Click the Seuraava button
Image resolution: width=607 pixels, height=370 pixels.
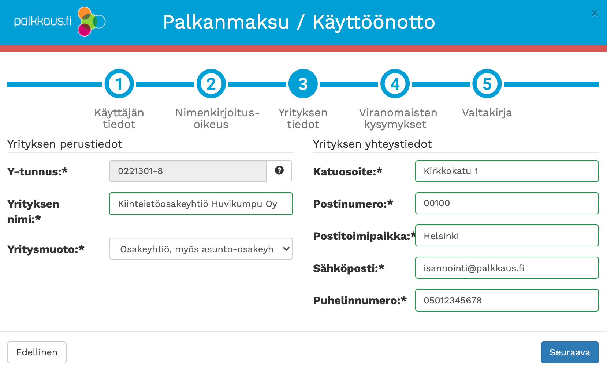point(570,352)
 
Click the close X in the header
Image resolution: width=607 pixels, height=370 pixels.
point(595,13)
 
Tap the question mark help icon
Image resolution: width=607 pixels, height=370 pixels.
point(279,170)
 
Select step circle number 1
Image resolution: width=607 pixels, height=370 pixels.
point(119,84)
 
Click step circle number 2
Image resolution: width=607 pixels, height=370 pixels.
point(211,84)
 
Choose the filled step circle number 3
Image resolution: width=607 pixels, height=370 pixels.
point(303,84)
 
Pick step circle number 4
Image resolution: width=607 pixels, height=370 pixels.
point(395,84)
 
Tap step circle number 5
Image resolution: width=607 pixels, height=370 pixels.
point(487,84)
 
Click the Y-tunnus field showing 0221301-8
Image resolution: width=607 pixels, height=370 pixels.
point(188,171)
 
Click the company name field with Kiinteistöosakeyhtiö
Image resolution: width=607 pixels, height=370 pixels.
point(201,204)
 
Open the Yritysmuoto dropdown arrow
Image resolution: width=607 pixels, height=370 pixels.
point(286,249)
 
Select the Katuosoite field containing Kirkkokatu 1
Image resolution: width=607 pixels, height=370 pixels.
point(507,171)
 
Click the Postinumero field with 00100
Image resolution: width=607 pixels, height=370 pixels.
point(507,203)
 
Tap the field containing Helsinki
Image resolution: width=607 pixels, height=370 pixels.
point(507,235)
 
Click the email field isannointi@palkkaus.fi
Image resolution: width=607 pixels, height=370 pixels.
point(507,268)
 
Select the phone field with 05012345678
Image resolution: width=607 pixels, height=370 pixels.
point(507,300)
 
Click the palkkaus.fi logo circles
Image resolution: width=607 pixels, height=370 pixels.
point(91,22)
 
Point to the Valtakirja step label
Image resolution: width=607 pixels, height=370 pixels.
point(487,113)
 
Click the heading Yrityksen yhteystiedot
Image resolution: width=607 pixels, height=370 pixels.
point(372,144)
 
